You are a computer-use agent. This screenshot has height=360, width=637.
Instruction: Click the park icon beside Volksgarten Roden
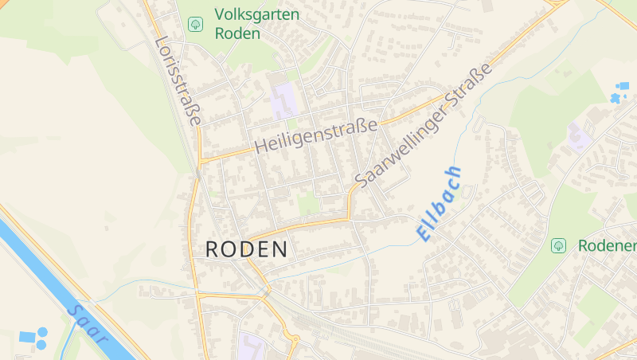195,24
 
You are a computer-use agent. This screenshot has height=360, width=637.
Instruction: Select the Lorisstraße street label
178,80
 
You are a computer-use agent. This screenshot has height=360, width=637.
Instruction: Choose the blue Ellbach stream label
438,204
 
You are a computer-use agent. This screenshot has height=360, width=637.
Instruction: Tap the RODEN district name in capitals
246,249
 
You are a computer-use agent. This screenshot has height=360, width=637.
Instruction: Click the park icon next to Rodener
558,245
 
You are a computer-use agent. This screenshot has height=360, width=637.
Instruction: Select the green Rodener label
607,245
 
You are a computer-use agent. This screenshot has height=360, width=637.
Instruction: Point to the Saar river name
88,323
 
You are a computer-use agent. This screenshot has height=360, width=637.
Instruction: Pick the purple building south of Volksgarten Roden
281,101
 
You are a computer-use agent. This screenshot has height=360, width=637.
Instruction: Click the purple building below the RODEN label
252,347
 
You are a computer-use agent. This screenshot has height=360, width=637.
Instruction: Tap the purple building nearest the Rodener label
579,138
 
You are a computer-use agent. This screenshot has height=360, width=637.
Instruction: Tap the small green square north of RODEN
308,205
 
